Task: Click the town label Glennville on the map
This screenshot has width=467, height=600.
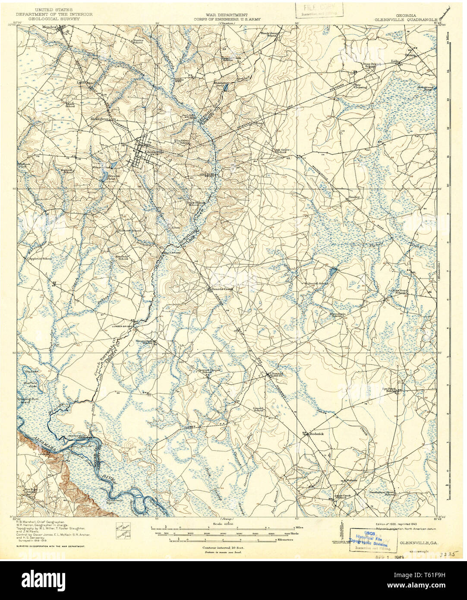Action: coord(154,152)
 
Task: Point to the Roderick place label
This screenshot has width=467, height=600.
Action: coord(316,434)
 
